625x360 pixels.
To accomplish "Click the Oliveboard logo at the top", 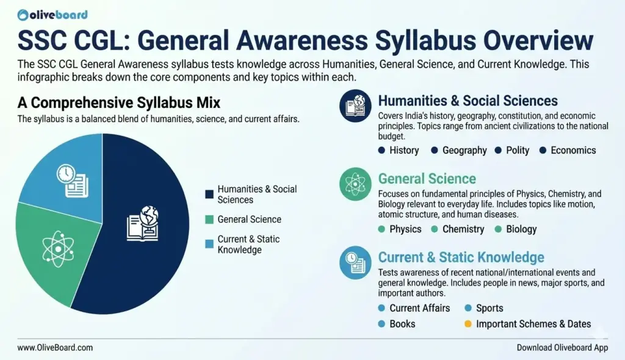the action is (x=52, y=15).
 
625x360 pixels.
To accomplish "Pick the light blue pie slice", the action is (x=68, y=175).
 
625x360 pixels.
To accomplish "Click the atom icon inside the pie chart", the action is (x=58, y=249).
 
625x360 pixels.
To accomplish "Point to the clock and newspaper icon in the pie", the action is (x=72, y=181).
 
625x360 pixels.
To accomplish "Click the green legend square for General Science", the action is (x=209, y=220).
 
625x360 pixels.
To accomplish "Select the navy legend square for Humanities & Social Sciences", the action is (x=209, y=194).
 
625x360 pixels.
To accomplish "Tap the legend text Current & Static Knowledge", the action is (x=248, y=245).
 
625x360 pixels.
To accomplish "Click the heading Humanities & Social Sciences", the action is (x=468, y=101).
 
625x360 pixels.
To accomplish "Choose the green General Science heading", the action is (x=427, y=179).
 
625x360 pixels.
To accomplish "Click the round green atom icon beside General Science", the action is (x=355, y=184).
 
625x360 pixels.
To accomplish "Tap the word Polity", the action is (x=518, y=150).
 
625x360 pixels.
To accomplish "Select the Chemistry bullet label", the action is (x=463, y=229).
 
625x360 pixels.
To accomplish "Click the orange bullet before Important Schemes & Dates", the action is (x=468, y=324).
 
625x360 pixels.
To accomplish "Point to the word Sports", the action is (x=490, y=308).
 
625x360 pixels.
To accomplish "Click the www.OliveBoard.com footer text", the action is (x=55, y=348).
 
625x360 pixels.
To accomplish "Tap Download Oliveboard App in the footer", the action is (x=562, y=348).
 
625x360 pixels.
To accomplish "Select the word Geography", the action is (x=464, y=150).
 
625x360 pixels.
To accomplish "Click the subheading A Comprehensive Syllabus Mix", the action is (x=119, y=103).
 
